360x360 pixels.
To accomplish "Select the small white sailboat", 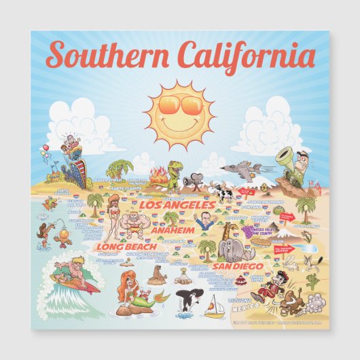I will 215,305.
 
